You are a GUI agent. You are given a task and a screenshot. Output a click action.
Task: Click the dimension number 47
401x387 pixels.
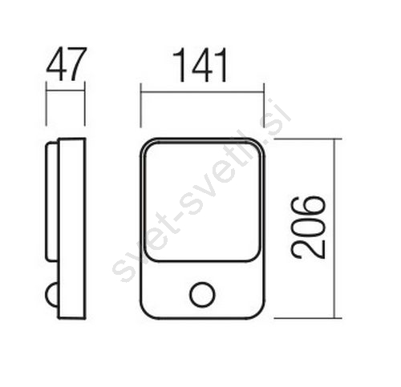(67, 64)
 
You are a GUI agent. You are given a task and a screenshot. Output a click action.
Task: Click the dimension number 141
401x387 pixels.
(200, 65)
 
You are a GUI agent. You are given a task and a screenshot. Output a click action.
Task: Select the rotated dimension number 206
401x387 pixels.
(308, 228)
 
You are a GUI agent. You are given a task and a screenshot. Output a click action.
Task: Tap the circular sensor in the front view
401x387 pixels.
(202, 294)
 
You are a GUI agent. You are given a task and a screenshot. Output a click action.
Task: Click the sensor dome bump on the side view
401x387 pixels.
(51, 295)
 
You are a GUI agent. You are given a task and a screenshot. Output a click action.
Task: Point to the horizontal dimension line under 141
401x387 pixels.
(202, 92)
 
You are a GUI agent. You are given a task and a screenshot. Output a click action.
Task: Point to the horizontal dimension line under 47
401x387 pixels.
(66, 91)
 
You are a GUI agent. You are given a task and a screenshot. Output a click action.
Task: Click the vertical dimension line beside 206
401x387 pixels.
(334, 228)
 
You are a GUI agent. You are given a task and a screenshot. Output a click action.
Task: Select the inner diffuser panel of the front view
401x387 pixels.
(202, 202)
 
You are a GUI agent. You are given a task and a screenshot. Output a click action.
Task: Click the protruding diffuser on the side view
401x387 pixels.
(51, 202)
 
